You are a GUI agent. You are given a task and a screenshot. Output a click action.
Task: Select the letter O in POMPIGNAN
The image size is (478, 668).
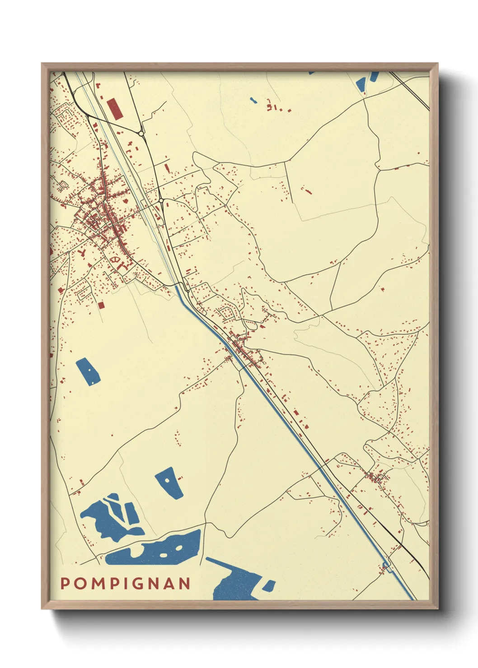pos(78,583)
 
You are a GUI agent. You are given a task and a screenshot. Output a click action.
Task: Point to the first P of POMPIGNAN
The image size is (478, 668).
pos(65,583)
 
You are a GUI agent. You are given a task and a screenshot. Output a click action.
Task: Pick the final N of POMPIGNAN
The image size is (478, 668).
pos(185,583)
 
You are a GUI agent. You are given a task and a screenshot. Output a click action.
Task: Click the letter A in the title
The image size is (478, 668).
pos(169,583)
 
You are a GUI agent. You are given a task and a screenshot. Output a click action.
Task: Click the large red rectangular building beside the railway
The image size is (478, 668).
pos(114,109)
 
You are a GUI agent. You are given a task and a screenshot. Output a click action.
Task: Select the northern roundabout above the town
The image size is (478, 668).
pos(141,134)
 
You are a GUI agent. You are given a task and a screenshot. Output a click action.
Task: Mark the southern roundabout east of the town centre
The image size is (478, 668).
pos(161,200)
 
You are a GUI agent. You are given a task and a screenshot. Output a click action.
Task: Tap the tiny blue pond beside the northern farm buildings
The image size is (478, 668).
pos(253,100)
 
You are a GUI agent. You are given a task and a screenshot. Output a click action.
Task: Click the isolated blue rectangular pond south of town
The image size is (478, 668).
pos(88,371)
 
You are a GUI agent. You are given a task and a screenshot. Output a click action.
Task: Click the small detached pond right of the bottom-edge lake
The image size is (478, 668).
pos(269,586)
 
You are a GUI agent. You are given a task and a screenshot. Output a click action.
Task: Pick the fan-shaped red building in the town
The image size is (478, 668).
pos(116,260)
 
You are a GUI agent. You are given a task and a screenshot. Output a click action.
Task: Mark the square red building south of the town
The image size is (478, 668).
pos(101,306)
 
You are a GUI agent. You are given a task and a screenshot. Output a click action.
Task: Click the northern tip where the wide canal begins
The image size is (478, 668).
pos(177,286)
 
